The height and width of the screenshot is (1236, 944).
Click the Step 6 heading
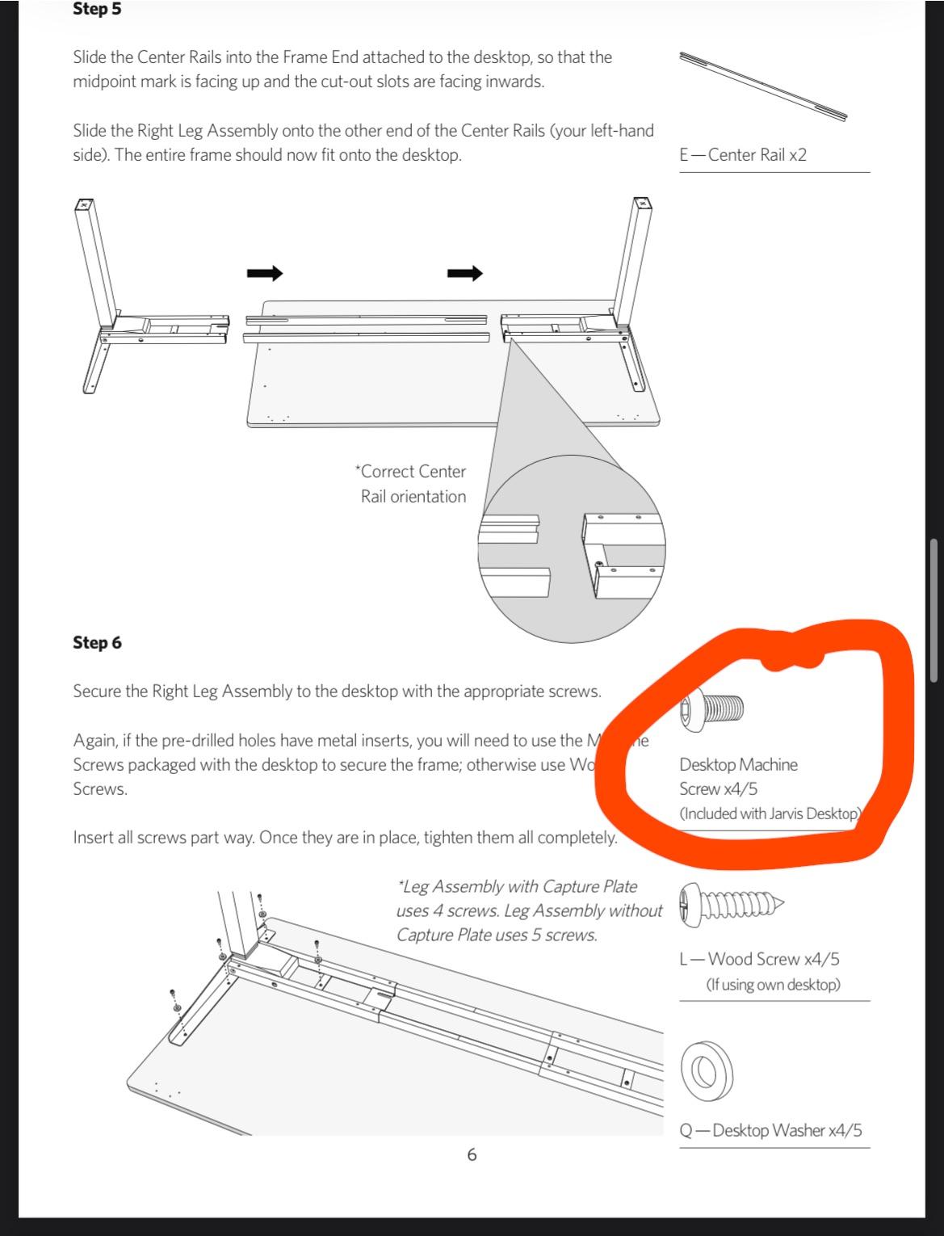(x=97, y=643)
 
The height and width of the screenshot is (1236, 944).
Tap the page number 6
(x=472, y=1155)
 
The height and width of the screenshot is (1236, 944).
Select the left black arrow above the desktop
(x=265, y=274)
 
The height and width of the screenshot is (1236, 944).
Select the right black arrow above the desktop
(x=465, y=274)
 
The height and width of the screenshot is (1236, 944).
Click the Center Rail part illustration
(x=763, y=86)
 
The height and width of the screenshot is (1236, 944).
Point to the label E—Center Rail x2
(x=743, y=155)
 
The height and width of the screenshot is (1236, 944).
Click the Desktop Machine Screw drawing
(x=712, y=708)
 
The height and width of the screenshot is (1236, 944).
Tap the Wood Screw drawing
(x=732, y=902)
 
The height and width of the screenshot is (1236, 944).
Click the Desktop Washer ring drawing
(x=707, y=1070)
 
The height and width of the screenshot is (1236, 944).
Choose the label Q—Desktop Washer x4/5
(x=770, y=1130)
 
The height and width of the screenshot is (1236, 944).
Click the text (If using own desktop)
(x=773, y=985)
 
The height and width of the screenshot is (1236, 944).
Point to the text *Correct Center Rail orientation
(x=412, y=484)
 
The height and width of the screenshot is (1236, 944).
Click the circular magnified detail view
(x=572, y=549)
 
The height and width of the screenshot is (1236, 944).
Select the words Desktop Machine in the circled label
(x=738, y=765)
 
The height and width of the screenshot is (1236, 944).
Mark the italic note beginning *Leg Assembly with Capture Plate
(x=528, y=910)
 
